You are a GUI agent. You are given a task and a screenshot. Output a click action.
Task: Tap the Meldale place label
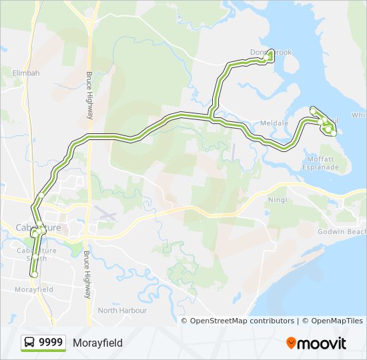pyautogui.click(x=274, y=123)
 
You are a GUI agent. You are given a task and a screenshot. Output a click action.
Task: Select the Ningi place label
pyautogui.click(x=277, y=200)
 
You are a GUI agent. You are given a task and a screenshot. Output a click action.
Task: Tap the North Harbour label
pyautogui.click(x=121, y=311)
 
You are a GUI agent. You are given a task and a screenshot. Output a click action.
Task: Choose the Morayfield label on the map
pyautogui.click(x=33, y=290)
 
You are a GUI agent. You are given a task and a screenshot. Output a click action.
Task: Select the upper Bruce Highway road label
pyautogui.click(x=89, y=95)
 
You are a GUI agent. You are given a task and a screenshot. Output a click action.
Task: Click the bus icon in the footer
pyautogui.click(x=30, y=343)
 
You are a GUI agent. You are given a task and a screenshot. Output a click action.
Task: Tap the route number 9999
pyautogui.click(x=51, y=343)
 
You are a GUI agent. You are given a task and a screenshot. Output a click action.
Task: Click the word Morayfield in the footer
pyautogui.click(x=97, y=343)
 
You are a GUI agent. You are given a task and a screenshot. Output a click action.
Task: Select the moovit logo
pyautogui.click(x=316, y=343)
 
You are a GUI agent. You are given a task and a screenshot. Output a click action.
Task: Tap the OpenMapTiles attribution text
pyautogui.click(x=332, y=321)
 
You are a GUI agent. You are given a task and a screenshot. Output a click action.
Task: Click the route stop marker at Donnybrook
pyautogui.click(x=270, y=58)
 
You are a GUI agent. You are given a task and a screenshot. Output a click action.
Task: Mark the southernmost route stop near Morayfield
pyautogui.click(x=33, y=274)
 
